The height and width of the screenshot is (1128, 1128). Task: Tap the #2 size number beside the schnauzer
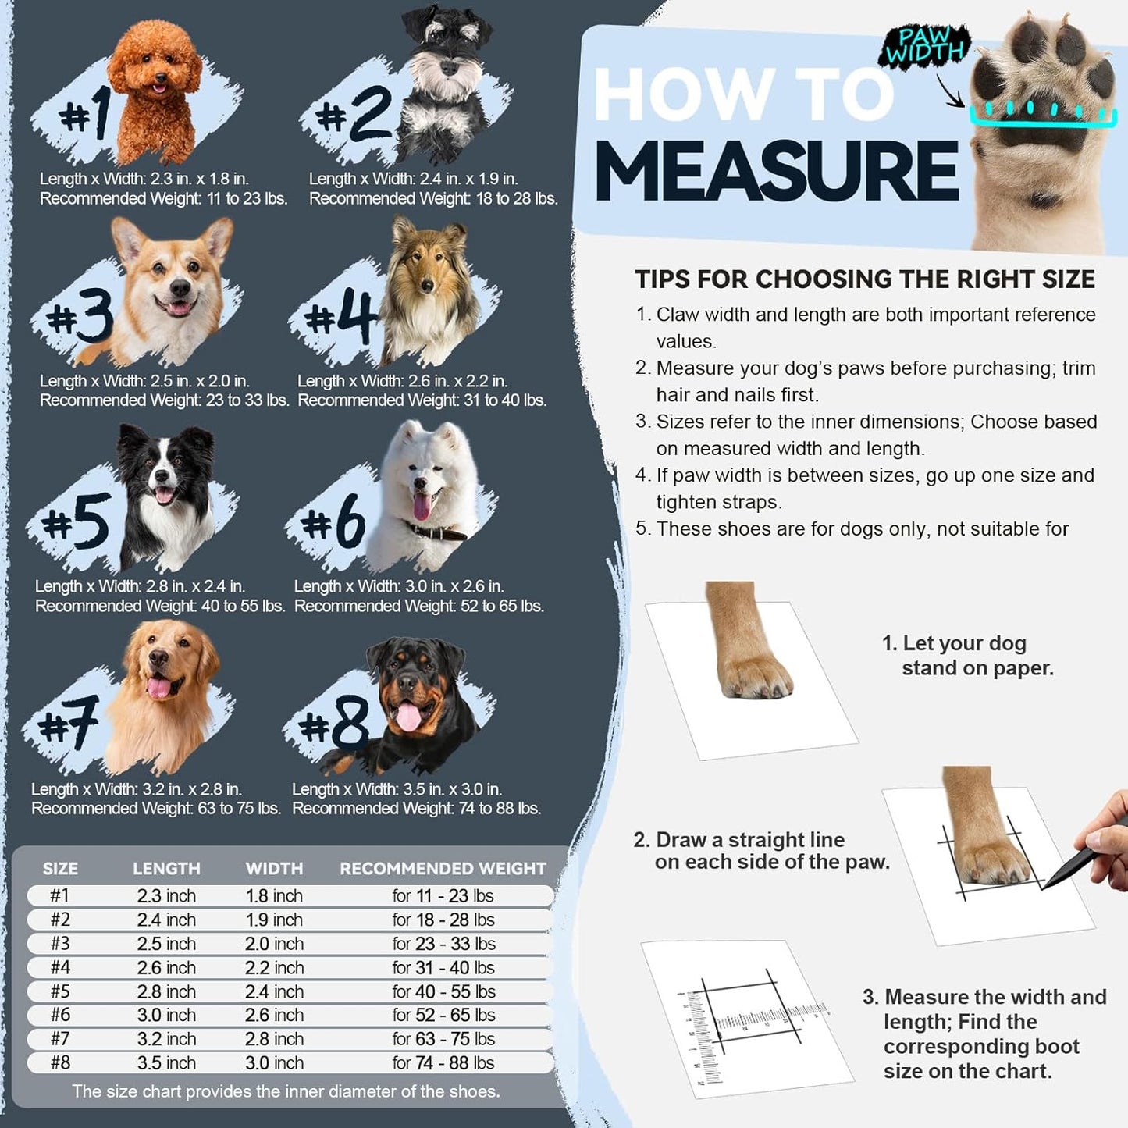[x=355, y=114]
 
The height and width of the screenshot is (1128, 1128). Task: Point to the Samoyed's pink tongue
[x=422, y=506]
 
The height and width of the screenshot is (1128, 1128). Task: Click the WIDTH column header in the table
[x=274, y=868]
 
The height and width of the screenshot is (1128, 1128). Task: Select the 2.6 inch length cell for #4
[x=166, y=967]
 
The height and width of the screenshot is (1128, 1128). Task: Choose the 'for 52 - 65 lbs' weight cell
[x=443, y=1015]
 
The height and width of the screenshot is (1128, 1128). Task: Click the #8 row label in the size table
[x=60, y=1062]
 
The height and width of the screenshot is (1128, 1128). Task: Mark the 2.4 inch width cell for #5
[x=274, y=991]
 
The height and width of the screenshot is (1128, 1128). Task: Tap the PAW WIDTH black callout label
[x=925, y=45]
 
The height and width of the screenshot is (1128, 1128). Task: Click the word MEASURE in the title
[x=776, y=171]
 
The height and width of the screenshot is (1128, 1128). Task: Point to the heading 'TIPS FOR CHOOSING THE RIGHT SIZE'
[x=864, y=279]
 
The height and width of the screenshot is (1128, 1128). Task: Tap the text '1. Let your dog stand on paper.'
[x=968, y=655]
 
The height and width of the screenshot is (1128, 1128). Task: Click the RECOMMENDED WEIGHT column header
[x=443, y=868]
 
